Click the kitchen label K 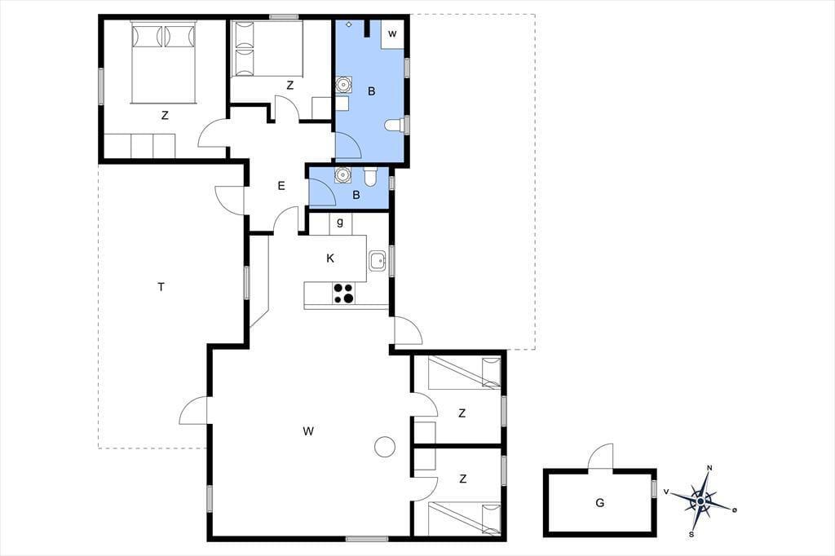(330, 258)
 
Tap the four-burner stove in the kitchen (343, 293)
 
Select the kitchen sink (377, 261)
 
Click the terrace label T (161, 287)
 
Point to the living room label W (307, 430)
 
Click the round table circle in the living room (385, 446)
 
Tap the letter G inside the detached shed (599, 502)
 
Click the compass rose (700, 501)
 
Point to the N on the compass (709, 468)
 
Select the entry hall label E (281, 186)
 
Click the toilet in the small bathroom (371, 176)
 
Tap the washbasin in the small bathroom (342, 174)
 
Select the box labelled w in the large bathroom (392, 34)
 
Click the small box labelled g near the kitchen (340, 223)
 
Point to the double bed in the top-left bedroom (164, 62)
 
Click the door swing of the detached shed (601, 457)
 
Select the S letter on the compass (691, 534)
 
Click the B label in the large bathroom (371, 91)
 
